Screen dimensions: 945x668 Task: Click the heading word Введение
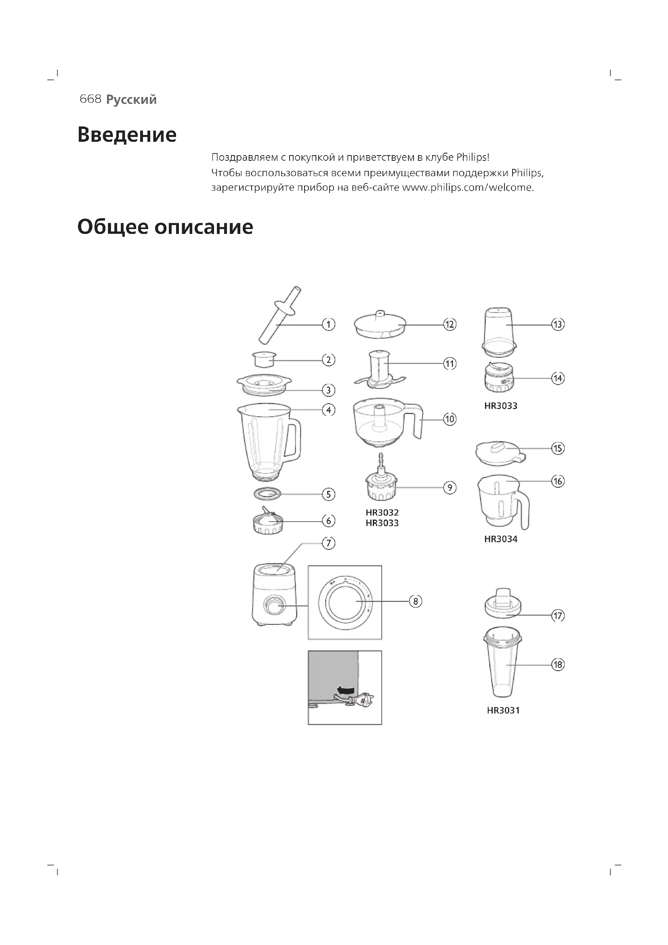point(127,135)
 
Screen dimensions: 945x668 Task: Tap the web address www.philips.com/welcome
point(467,188)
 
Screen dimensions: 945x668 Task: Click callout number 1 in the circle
point(328,324)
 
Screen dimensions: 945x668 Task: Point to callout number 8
point(416,601)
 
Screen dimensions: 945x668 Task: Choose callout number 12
point(450,324)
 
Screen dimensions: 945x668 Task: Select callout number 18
point(558,665)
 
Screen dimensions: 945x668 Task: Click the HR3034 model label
point(500,539)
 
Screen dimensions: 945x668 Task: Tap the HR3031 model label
point(503,710)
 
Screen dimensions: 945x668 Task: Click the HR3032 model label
point(382,512)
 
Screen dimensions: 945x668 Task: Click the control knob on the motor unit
point(273,606)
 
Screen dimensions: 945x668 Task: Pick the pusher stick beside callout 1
point(279,316)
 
